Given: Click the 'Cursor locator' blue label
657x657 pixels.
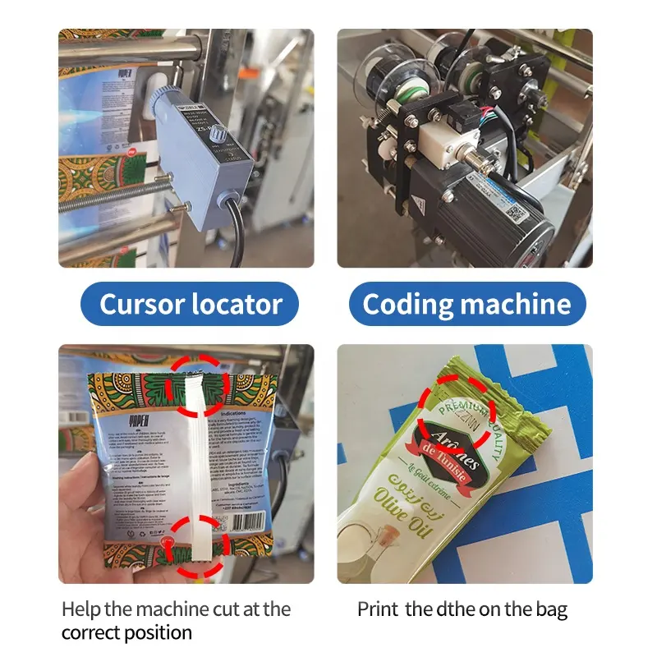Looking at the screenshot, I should pos(190,305).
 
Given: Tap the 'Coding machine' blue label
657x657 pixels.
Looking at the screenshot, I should pos(466,305).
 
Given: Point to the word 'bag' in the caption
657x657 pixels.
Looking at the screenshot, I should pos(550,610).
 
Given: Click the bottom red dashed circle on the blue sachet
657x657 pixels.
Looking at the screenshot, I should pos(195,543).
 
